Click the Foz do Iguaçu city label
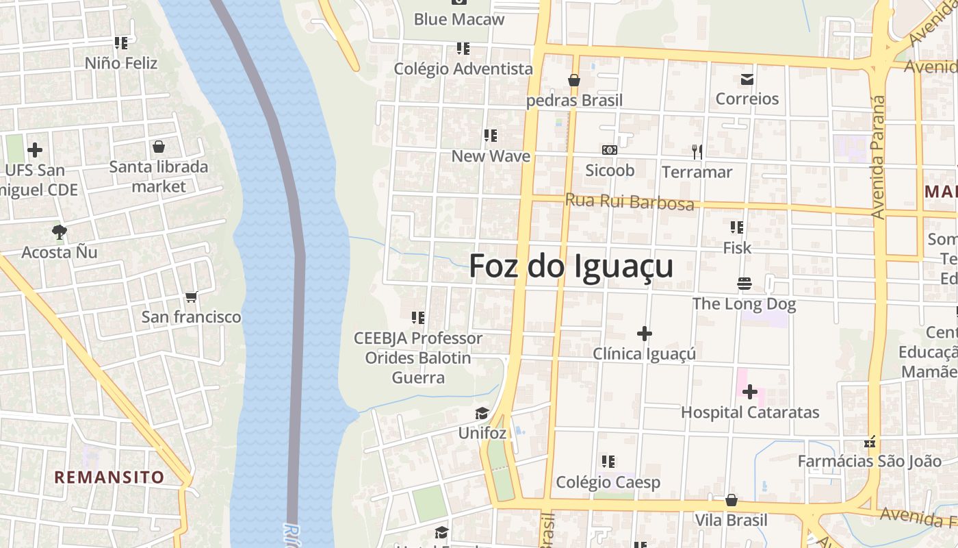[x=571, y=266]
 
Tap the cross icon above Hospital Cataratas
[x=750, y=392]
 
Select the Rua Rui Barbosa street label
[x=630, y=202]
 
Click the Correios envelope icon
[x=747, y=79]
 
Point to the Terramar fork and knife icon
[x=697, y=151]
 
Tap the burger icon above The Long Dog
[x=744, y=284]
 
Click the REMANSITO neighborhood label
[x=109, y=477]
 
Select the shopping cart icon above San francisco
[x=192, y=297]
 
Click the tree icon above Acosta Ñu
[x=60, y=232]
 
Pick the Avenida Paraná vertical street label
[x=879, y=158]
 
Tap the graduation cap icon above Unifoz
[x=482, y=413]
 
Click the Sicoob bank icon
[x=609, y=150]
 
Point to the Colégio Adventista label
[x=463, y=68]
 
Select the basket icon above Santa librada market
[x=159, y=147]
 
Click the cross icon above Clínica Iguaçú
[x=644, y=334]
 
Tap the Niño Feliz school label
[x=121, y=63]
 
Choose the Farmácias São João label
[x=869, y=462]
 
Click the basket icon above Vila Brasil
[x=732, y=500]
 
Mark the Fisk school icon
[x=737, y=227]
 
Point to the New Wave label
[x=491, y=156]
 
